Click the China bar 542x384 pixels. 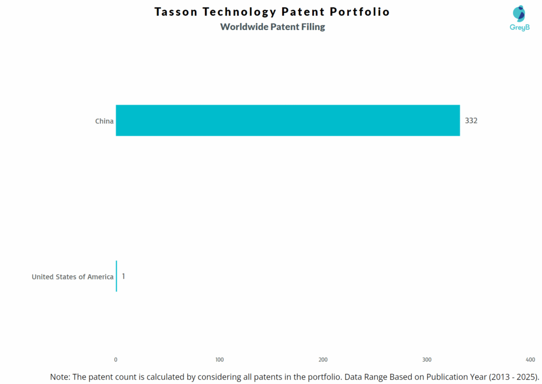pyautogui.click(x=287, y=120)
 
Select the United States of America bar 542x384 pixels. pyautogui.click(x=116, y=276)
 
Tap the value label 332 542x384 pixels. pyautogui.click(x=471, y=120)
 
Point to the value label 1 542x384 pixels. pyautogui.click(x=123, y=276)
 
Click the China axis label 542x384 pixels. pyautogui.click(x=104, y=121)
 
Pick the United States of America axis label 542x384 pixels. pyautogui.click(x=73, y=277)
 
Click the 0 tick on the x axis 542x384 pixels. pyautogui.click(x=116, y=360)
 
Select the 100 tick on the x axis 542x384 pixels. pyautogui.click(x=220, y=360)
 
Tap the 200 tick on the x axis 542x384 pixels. pyautogui.click(x=323, y=360)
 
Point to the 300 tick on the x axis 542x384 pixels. pyautogui.click(x=427, y=360)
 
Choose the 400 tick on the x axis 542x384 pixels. pyautogui.click(x=530, y=360)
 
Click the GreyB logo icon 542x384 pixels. pyautogui.click(x=519, y=13)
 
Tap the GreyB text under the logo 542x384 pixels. pyautogui.click(x=519, y=27)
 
